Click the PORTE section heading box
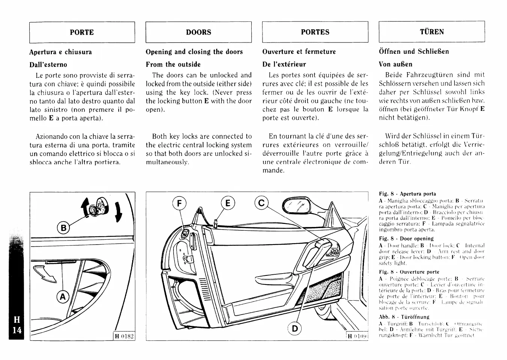pos(82,32)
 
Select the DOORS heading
pos(198,32)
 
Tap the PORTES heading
pos(315,32)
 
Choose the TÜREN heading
pos(432,32)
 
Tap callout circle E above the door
pos(227,203)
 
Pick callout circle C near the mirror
pos(262,203)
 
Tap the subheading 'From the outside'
pos(173,64)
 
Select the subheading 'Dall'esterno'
pos(48,65)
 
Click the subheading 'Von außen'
pos(395,64)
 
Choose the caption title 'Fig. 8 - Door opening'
pos(406,239)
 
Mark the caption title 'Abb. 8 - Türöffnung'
pos(404,317)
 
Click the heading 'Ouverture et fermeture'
pos(299,52)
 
